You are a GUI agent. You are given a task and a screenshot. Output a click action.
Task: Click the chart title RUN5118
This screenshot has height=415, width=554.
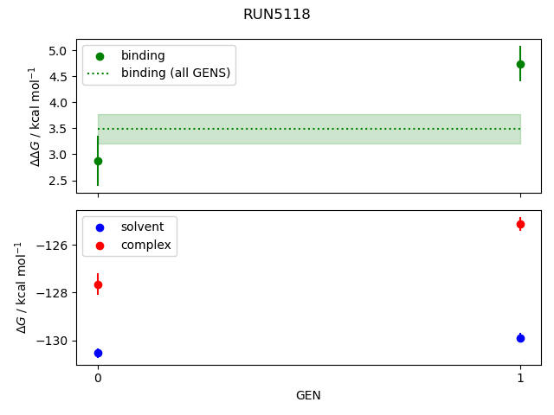click(x=277, y=15)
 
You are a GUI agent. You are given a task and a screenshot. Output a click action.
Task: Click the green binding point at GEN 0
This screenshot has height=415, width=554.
click(x=98, y=161)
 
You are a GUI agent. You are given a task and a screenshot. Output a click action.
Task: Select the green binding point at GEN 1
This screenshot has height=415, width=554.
click(x=520, y=64)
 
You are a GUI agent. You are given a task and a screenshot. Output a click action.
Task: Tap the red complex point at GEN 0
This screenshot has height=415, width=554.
click(x=98, y=284)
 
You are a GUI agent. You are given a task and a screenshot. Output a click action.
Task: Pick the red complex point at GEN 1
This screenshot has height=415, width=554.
click(x=520, y=224)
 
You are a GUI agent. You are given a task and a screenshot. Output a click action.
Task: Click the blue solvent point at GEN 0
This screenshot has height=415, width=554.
click(x=98, y=353)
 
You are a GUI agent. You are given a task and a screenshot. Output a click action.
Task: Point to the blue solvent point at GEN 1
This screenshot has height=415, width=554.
click(x=520, y=338)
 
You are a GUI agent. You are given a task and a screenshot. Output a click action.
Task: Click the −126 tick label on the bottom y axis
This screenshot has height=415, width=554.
click(x=54, y=246)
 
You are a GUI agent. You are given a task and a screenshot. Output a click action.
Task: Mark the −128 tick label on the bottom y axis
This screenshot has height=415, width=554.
click(x=54, y=293)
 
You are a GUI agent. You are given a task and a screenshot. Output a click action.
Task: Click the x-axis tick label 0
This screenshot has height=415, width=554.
click(x=98, y=378)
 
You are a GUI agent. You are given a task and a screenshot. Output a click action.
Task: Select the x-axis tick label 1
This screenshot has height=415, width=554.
click(x=520, y=378)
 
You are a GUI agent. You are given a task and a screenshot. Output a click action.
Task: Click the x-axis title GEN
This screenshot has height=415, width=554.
click(x=309, y=395)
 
